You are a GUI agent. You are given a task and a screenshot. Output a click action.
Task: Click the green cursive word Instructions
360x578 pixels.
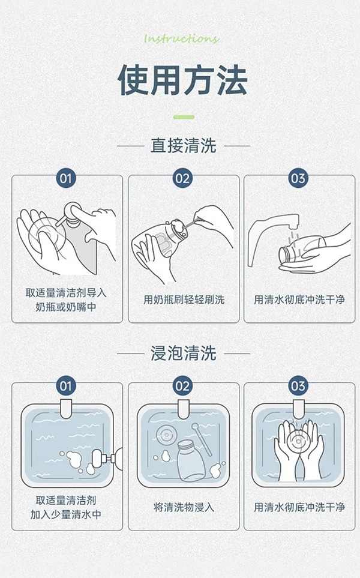pos(182,39)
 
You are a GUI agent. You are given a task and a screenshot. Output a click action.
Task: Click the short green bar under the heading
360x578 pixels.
pos(184,116)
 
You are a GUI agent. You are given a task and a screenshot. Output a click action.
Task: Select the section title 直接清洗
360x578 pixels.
pos(183,145)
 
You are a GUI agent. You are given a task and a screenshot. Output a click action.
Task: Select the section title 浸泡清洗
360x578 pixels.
pos(183,354)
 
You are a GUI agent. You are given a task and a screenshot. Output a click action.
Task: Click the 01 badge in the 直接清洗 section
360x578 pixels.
pos(66,178)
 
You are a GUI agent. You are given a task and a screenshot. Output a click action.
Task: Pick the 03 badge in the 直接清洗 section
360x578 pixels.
pos(298,178)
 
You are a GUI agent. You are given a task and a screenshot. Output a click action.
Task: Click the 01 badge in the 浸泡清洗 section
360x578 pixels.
pos(66,385)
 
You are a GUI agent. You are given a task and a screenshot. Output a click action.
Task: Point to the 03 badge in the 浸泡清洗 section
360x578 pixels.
pos(298,385)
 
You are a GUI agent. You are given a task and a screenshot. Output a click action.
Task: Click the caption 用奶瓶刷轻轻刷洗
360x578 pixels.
pos(184,300)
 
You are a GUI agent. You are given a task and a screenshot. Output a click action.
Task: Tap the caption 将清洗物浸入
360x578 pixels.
pos(184,507)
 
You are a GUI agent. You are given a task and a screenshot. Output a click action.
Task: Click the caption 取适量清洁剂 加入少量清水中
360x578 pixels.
pos(66,507)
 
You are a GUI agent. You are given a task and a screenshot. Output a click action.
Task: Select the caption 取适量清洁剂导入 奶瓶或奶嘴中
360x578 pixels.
pos(66,300)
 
